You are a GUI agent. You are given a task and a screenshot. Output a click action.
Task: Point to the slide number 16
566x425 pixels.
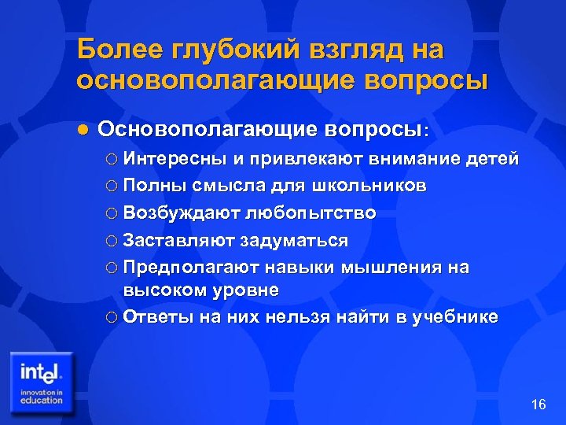[538, 405]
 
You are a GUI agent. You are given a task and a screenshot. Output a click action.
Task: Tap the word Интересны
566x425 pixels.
[174, 159]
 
